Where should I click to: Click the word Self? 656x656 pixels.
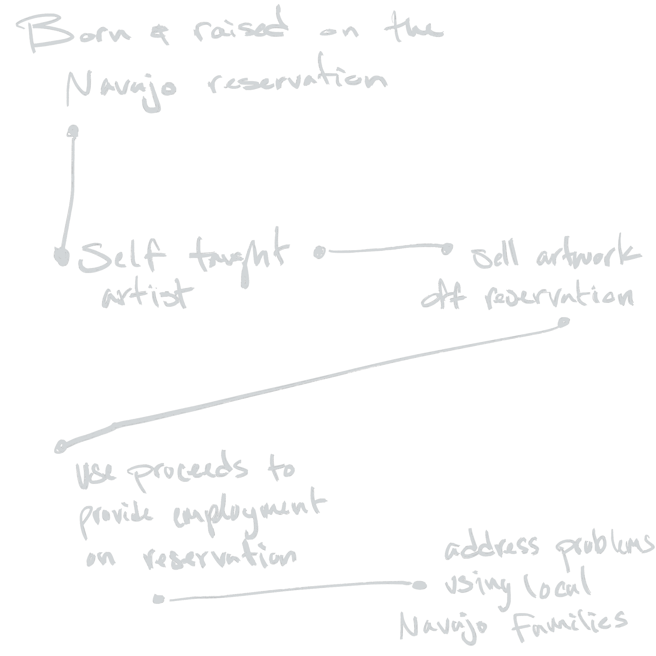click(122, 258)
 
